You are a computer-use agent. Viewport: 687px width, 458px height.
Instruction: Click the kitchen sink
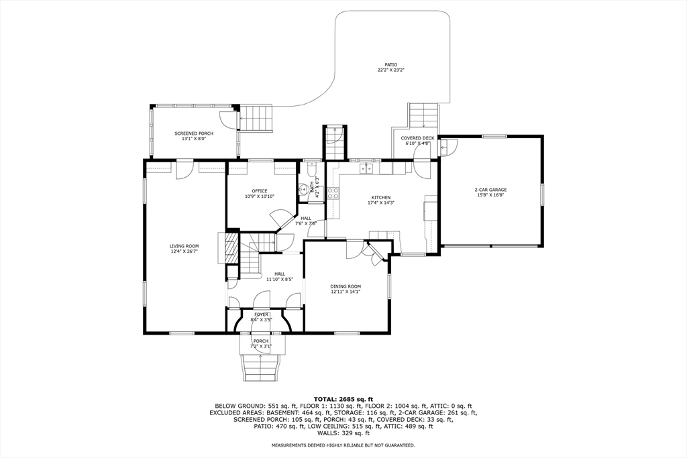point(366,168)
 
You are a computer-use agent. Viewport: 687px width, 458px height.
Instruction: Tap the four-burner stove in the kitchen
point(333,194)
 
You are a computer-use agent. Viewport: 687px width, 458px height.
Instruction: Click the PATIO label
point(386,65)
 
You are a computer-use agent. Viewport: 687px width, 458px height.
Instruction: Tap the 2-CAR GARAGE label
point(489,190)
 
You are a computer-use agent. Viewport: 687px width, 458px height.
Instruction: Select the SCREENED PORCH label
point(193,133)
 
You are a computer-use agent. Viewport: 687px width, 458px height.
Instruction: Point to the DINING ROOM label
point(346,286)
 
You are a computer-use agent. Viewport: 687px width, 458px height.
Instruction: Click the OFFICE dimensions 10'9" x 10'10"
point(260,196)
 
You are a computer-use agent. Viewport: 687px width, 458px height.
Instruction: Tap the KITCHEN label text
point(381,198)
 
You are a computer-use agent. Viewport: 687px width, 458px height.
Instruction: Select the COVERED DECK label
point(417,138)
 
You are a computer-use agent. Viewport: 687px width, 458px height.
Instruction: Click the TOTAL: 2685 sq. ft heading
point(343,399)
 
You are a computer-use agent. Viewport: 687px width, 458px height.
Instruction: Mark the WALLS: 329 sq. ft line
point(343,433)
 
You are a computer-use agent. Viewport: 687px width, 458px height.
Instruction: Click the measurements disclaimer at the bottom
point(343,445)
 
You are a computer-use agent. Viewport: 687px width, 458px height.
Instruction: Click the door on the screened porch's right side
point(230,120)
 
